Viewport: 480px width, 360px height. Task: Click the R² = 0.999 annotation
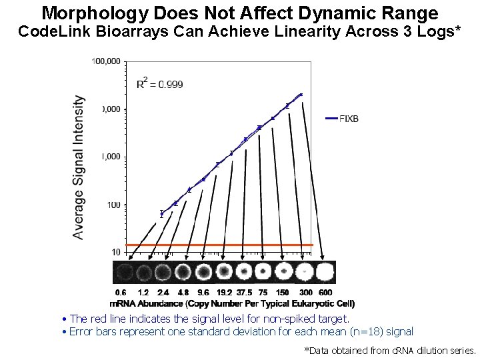coord(159,84)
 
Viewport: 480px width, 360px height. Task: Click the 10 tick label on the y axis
coord(115,252)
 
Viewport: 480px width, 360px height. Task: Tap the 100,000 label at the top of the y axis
coord(107,61)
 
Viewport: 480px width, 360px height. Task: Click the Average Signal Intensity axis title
coord(79,167)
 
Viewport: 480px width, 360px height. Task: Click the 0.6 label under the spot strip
coord(121,292)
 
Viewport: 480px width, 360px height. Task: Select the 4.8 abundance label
coord(183,292)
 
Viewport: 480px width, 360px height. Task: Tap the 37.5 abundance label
coord(244,292)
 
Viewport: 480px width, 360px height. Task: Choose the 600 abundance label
coord(325,292)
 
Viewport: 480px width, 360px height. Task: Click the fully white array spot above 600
coord(325,273)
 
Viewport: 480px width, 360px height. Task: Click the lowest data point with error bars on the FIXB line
coord(161,214)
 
